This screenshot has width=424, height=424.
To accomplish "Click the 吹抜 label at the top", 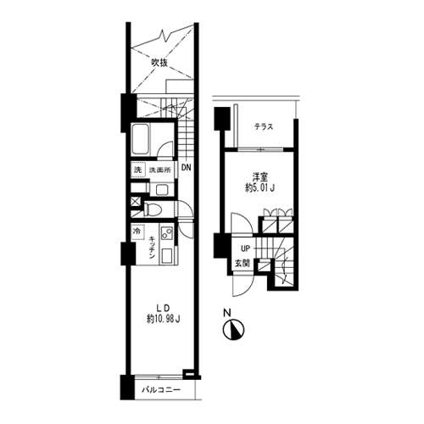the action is click(x=159, y=63).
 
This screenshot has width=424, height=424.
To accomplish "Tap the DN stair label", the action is click(x=186, y=168).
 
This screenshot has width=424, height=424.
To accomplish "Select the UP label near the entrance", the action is click(x=245, y=248).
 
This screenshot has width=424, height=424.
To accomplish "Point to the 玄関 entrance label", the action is click(x=243, y=264).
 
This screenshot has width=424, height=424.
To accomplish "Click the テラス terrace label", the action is click(x=264, y=127).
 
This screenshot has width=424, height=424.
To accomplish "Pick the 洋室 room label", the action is click(x=260, y=178).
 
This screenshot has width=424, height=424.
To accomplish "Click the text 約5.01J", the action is click(x=260, y=188).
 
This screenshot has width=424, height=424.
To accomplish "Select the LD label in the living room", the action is click(x=163, y=308).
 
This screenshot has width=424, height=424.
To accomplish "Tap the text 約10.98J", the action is click(x=164, y=319).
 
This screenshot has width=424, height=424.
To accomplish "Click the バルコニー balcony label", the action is click(x=161, y=390).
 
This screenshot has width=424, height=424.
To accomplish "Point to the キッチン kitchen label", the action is click(x=153, y=248).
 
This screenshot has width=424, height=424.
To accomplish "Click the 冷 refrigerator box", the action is click(x=137, y=232).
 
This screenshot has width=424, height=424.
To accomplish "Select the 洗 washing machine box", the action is click(x=138, y=170).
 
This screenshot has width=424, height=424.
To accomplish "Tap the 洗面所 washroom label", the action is click(x=160, y=170).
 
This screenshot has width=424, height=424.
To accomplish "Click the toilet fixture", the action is click(x=153, y=209).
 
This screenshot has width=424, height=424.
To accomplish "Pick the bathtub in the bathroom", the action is click(x=141, y=139).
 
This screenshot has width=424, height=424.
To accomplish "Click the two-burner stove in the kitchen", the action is click(x=167, y=234).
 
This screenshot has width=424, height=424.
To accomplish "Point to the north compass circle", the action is click(x=233, y=330).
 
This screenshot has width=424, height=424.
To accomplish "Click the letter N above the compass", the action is click(x=227, y=313).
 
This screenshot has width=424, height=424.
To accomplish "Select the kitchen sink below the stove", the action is click(x=167, y=256).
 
